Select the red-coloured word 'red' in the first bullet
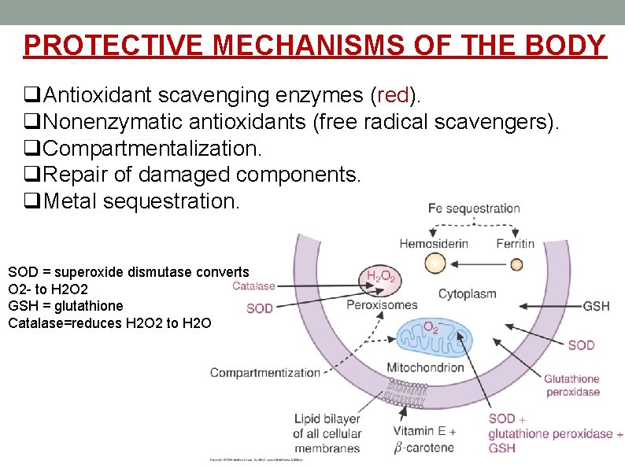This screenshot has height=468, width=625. [x=394, y=96]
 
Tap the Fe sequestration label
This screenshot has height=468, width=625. [x=474, y=208]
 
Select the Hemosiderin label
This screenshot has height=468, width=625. [x=434, y=243]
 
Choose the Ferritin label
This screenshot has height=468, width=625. [x=515, y=243]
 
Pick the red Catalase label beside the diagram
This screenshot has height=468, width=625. [x=253, y=286]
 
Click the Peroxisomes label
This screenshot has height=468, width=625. [x=382, y=304]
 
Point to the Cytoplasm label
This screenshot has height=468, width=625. [x=467, y=294]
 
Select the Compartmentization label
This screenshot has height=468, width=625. [x=264, y=372]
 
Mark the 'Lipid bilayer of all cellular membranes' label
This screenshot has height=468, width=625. [x=327, y=433]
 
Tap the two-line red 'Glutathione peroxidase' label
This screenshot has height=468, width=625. [x=571, y=385]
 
